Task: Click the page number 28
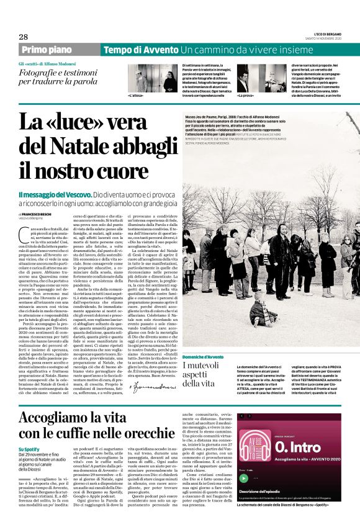(x=24, y=37)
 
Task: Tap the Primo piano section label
(x=47, y=50)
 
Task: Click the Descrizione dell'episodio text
(x=261, y=492)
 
